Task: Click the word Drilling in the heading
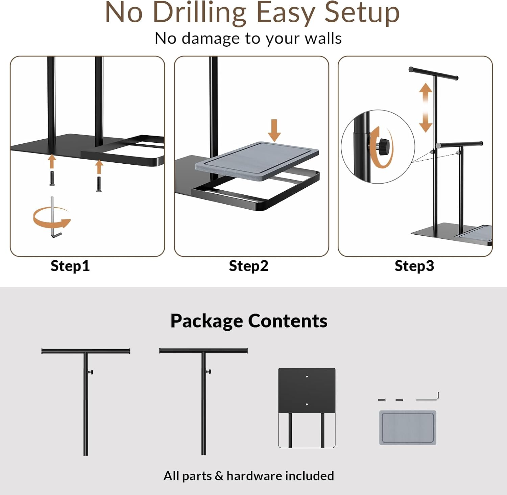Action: click(200, 13)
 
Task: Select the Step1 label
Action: click(70, 266)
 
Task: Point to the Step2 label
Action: click(248, 266)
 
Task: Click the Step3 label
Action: click(414, 266)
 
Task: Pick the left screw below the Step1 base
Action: click(52, 179)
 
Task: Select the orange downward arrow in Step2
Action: click(274, 130)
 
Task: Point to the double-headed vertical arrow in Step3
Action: click(426, 108)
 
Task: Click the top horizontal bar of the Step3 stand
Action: click(433, 73)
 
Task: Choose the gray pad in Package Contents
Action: click(408, 428)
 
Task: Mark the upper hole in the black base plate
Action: click(307, 376)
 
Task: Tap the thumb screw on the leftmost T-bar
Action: click(91, 372)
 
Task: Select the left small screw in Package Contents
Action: click(382, 400)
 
